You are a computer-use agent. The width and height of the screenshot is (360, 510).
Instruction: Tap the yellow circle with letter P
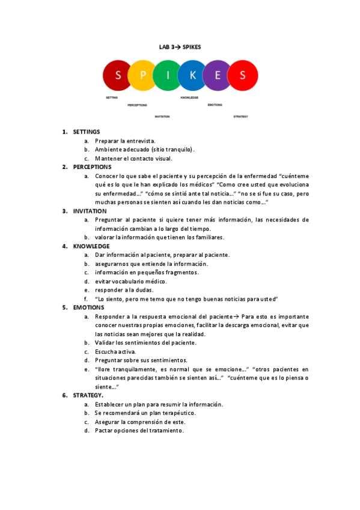click(x=142, y=75)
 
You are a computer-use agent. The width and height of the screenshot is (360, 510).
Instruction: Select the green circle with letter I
click(x=168, y=75)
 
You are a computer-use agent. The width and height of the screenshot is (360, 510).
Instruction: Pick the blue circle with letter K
click(x=192, y=75)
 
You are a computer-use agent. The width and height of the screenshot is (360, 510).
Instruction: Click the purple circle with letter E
click(x=218, y=75)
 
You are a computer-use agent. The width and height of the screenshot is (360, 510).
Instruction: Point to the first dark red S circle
click(x=118, y=75)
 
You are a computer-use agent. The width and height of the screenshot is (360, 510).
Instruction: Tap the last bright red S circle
click(x=243, y=75)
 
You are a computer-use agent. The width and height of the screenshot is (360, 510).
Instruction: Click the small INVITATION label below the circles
click(x=162, y=116)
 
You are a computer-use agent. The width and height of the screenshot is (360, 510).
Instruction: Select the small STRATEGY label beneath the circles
click(x=240, y=116)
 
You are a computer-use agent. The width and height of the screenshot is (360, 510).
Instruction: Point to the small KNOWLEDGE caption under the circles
click(x=189, y=97)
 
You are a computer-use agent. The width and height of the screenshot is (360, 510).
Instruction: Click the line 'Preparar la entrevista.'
click(x=125, y=141)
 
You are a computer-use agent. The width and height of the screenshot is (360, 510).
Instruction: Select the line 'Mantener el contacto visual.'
click(x=133, y=158)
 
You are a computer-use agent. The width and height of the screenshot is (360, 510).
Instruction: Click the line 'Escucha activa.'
click(x=115, y=351)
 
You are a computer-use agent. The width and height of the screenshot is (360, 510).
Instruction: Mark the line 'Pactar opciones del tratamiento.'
click(x=139, y=431)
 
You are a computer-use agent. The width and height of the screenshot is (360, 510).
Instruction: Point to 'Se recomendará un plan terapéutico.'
click(x=145, y=413)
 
